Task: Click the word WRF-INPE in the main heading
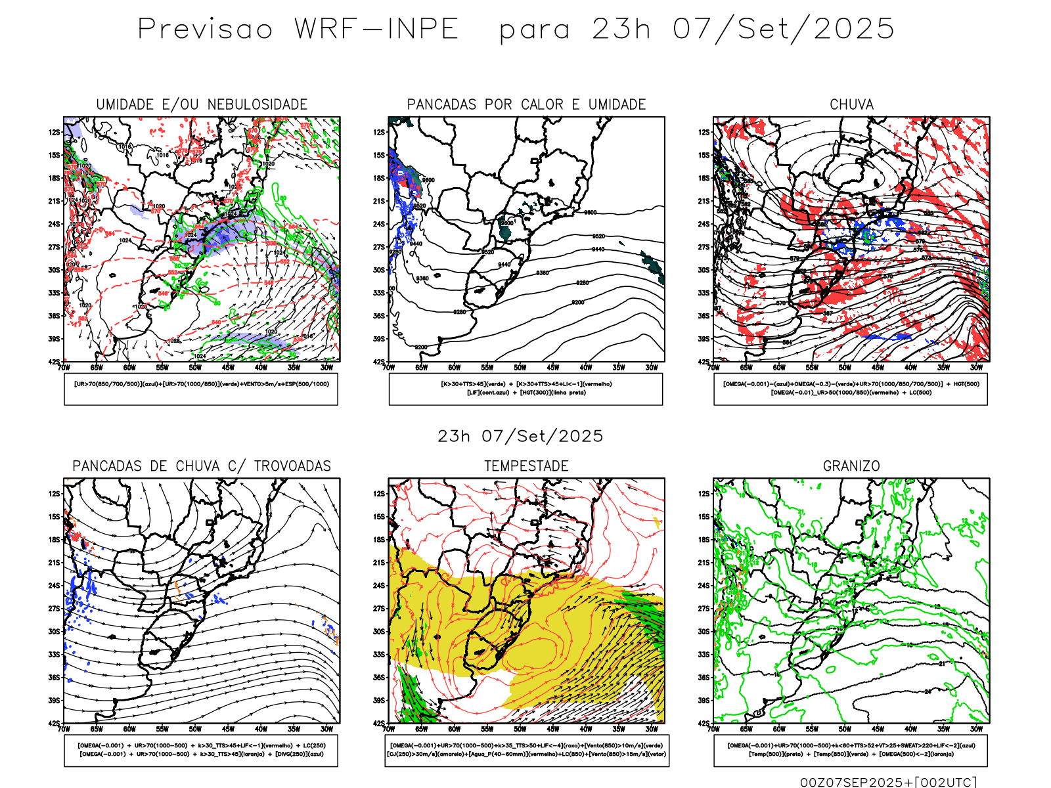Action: click(376, 30)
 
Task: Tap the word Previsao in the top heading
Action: click(205, 30)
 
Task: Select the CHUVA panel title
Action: click(851, 104)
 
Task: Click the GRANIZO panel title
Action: click(851, 466)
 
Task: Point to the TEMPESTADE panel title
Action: click(526, 466)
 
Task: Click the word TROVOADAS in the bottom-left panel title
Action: click(292, 466)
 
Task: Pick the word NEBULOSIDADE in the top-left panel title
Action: click(257, 104)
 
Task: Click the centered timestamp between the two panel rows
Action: click(520, 436)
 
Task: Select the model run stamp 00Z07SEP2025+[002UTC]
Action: click(888, 782)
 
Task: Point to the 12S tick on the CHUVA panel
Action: click(704, 132)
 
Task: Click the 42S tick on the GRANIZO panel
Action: click(704, 723)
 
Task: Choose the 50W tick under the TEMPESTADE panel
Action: click(520, 729)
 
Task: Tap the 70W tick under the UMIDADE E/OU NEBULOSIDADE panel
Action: click(64, 368)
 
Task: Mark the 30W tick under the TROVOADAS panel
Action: click(326, 729)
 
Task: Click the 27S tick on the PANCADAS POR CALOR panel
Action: click(379, 247)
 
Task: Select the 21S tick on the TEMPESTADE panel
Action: click(379, 562)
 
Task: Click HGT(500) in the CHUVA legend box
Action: click(966, 384)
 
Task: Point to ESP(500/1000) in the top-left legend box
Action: click(308, 384)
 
